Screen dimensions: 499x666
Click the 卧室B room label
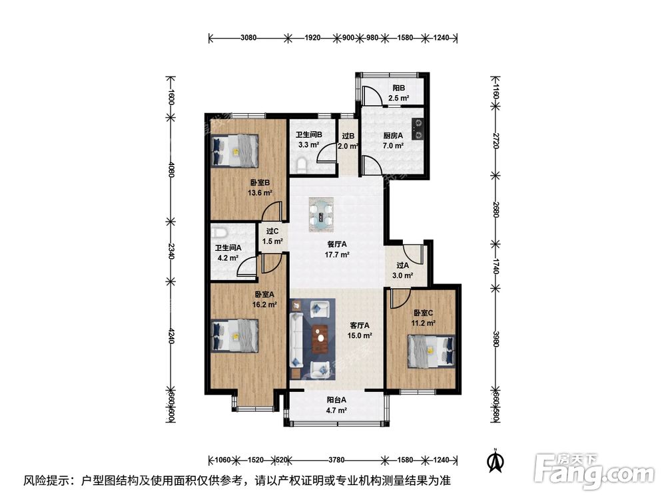tap(260, 183)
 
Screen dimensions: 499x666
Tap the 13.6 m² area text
tap(260, 193)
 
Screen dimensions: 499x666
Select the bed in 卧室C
tap(430, 351)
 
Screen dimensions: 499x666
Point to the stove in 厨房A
tap(418, 129)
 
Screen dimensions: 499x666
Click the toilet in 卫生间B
tap(301, 164)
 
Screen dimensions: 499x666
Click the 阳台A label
tap(336, 401)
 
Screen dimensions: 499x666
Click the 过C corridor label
tap(272, 232)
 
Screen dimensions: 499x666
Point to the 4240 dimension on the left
tap(171, 338)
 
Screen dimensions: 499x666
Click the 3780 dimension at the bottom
tap(336, 458)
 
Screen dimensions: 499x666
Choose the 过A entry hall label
tap(402, 265)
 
